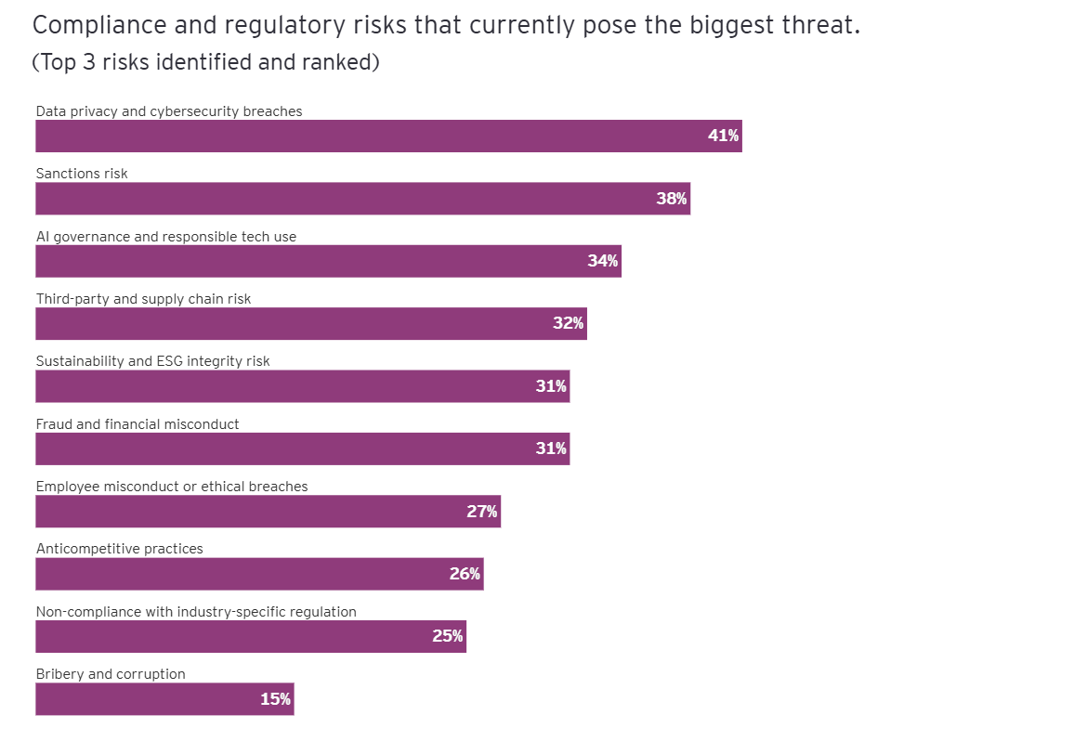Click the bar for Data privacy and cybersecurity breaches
[372, 136]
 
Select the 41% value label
[723, 136]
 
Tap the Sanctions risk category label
[82, 174]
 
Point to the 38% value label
[671, 198]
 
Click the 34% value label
[602, 261]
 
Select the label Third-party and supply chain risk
[143, 299]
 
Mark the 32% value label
[568, 323]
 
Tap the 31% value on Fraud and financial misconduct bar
[551, 448]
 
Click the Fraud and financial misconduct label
[138, 424]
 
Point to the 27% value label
[481, 511]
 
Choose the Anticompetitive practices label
[119, 549]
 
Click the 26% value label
[465, 574]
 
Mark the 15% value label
[275, 699]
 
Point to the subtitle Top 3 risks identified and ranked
[205, 63]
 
